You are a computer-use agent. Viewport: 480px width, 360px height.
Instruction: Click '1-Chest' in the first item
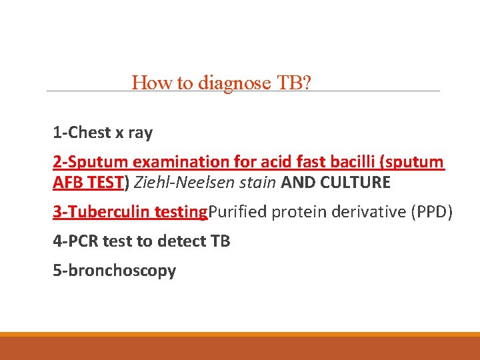pyautogui.click(x=81, y=133)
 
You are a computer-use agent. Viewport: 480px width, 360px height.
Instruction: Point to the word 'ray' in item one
pyautogui.click(x=140, y=133)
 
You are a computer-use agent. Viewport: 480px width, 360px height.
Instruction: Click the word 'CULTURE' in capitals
pyautogui.click(x=357, y=183)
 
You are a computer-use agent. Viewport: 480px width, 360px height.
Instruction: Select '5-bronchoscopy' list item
pyautogui.click(x=115, y=271)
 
